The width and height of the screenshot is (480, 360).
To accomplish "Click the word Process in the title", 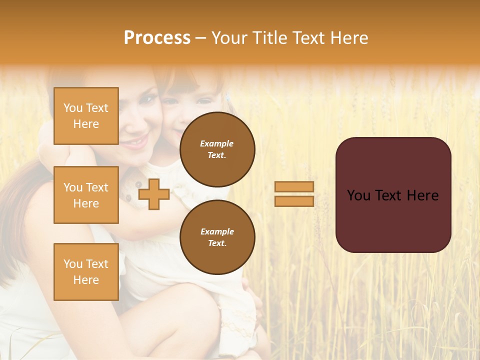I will (x=157, y=38).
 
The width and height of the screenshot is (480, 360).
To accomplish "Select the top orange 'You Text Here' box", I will (x=86, y=116).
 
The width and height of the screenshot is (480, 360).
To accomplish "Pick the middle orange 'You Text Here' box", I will (x=86, y=195).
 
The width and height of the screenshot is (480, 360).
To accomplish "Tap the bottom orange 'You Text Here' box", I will (x=86, y=271).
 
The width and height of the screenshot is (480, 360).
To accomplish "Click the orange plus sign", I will (x=154, y=194).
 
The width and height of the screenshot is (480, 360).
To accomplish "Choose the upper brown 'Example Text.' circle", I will (x=217, y=149).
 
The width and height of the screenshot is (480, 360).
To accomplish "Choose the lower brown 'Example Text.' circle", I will (x=217, y=237).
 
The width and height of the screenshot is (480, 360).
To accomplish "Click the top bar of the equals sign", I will (x=294, y=186).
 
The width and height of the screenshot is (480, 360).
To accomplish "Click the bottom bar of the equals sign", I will (x=294, y=201).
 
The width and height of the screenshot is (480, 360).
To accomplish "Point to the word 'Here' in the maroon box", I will (x=423, y=195).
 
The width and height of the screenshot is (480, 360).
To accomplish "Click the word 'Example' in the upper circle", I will (x=217, y=144).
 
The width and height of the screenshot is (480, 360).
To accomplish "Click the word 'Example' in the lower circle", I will (x=217, y=232).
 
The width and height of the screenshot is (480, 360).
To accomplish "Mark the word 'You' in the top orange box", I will (x=73, y=108).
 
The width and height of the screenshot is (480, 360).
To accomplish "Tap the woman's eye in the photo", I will (x=145, y=99).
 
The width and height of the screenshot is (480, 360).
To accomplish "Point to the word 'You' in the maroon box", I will (x=358, y=195).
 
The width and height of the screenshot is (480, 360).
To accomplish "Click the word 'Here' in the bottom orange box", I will (x=86, y=280).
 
